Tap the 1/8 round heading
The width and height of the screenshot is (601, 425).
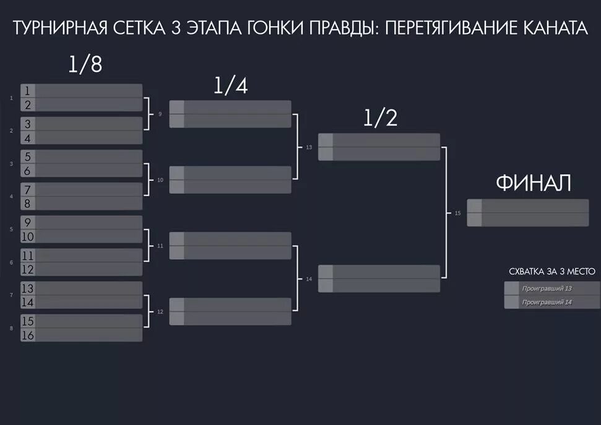coord(85,64)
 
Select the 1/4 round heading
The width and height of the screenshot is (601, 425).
coord(230,87)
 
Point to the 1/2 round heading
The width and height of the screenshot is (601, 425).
coord(379,119)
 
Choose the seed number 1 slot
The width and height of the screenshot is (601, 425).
coord(27,91)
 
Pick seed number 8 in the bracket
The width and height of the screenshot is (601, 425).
coord(27,204)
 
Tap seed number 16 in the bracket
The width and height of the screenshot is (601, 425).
coord(27,335)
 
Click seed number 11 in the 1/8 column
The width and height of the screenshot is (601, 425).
coord(27,255)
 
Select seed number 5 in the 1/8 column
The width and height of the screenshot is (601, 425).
coord(27,157)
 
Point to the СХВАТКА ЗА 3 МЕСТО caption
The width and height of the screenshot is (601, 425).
coord(551,271)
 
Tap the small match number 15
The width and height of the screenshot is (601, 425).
coord(457,213)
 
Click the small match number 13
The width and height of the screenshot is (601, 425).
coord(309,148)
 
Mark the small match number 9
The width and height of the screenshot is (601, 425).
coord(160,114)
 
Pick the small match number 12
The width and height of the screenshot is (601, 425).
coord(160,312)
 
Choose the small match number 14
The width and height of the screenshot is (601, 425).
coord(309,280)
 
